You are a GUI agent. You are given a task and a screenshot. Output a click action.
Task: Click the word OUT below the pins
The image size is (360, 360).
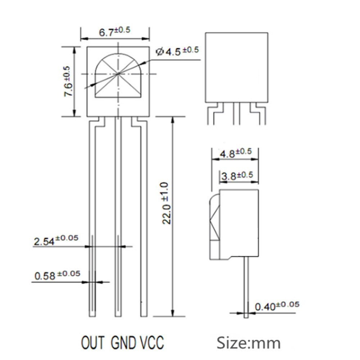pos(93,342)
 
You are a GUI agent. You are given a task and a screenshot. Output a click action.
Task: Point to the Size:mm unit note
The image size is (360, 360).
pos(248,342)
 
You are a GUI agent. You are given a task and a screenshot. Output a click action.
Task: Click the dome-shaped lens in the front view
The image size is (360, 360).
pos(118,77)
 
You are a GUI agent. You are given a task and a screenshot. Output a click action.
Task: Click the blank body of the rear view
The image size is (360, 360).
pos(236,67)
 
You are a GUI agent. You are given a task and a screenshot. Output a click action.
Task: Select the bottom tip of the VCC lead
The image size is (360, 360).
pos(144,315)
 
